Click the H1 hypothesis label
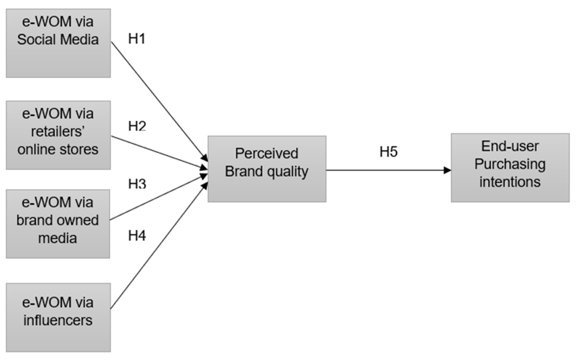(137, 39)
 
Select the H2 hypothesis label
(137, 126)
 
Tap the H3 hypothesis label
(137, 184)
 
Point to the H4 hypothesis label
(137, 235)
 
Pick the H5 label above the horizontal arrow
(388, 152)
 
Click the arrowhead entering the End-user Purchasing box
(447, 170)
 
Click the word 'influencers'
(58, 320)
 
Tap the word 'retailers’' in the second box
(58, 131)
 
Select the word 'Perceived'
(267, 153)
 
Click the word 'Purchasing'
(510, 164)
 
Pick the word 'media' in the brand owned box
(57, 238)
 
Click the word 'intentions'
(510, 182)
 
